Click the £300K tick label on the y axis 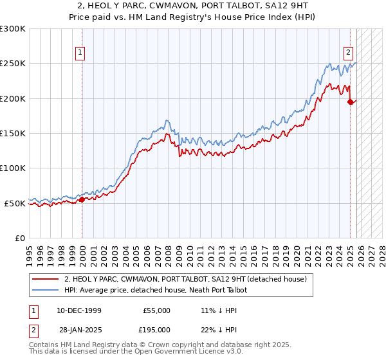tap(13, 29)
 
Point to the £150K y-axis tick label tap(13, 133)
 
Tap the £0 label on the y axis tap(20, 238)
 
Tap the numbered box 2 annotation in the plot tap(348, 53)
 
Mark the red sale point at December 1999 tap(82, 199)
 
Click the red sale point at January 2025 tap(350, 102)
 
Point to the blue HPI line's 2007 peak tap(167, 120)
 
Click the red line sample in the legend tap(45, 279)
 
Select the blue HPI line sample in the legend tap(45, 290)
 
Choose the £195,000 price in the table tap(156, 329)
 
